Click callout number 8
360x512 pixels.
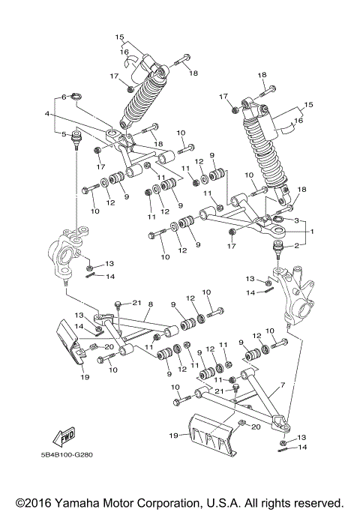tap(150, 304)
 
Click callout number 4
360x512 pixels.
tap(46, 114)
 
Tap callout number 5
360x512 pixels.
tap(64, 135)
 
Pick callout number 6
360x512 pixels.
tap(64, 97)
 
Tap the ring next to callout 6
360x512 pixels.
tap(81, 97)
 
